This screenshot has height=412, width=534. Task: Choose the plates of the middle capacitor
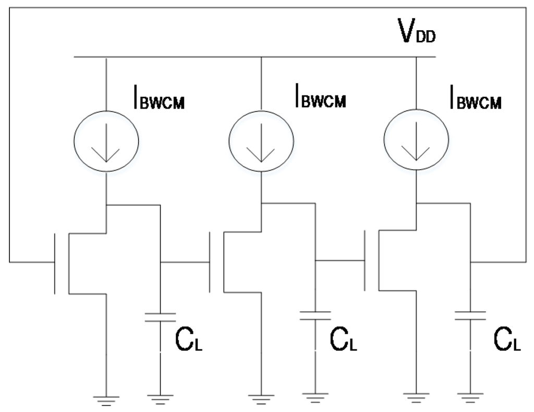click(x=315, y=315)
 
